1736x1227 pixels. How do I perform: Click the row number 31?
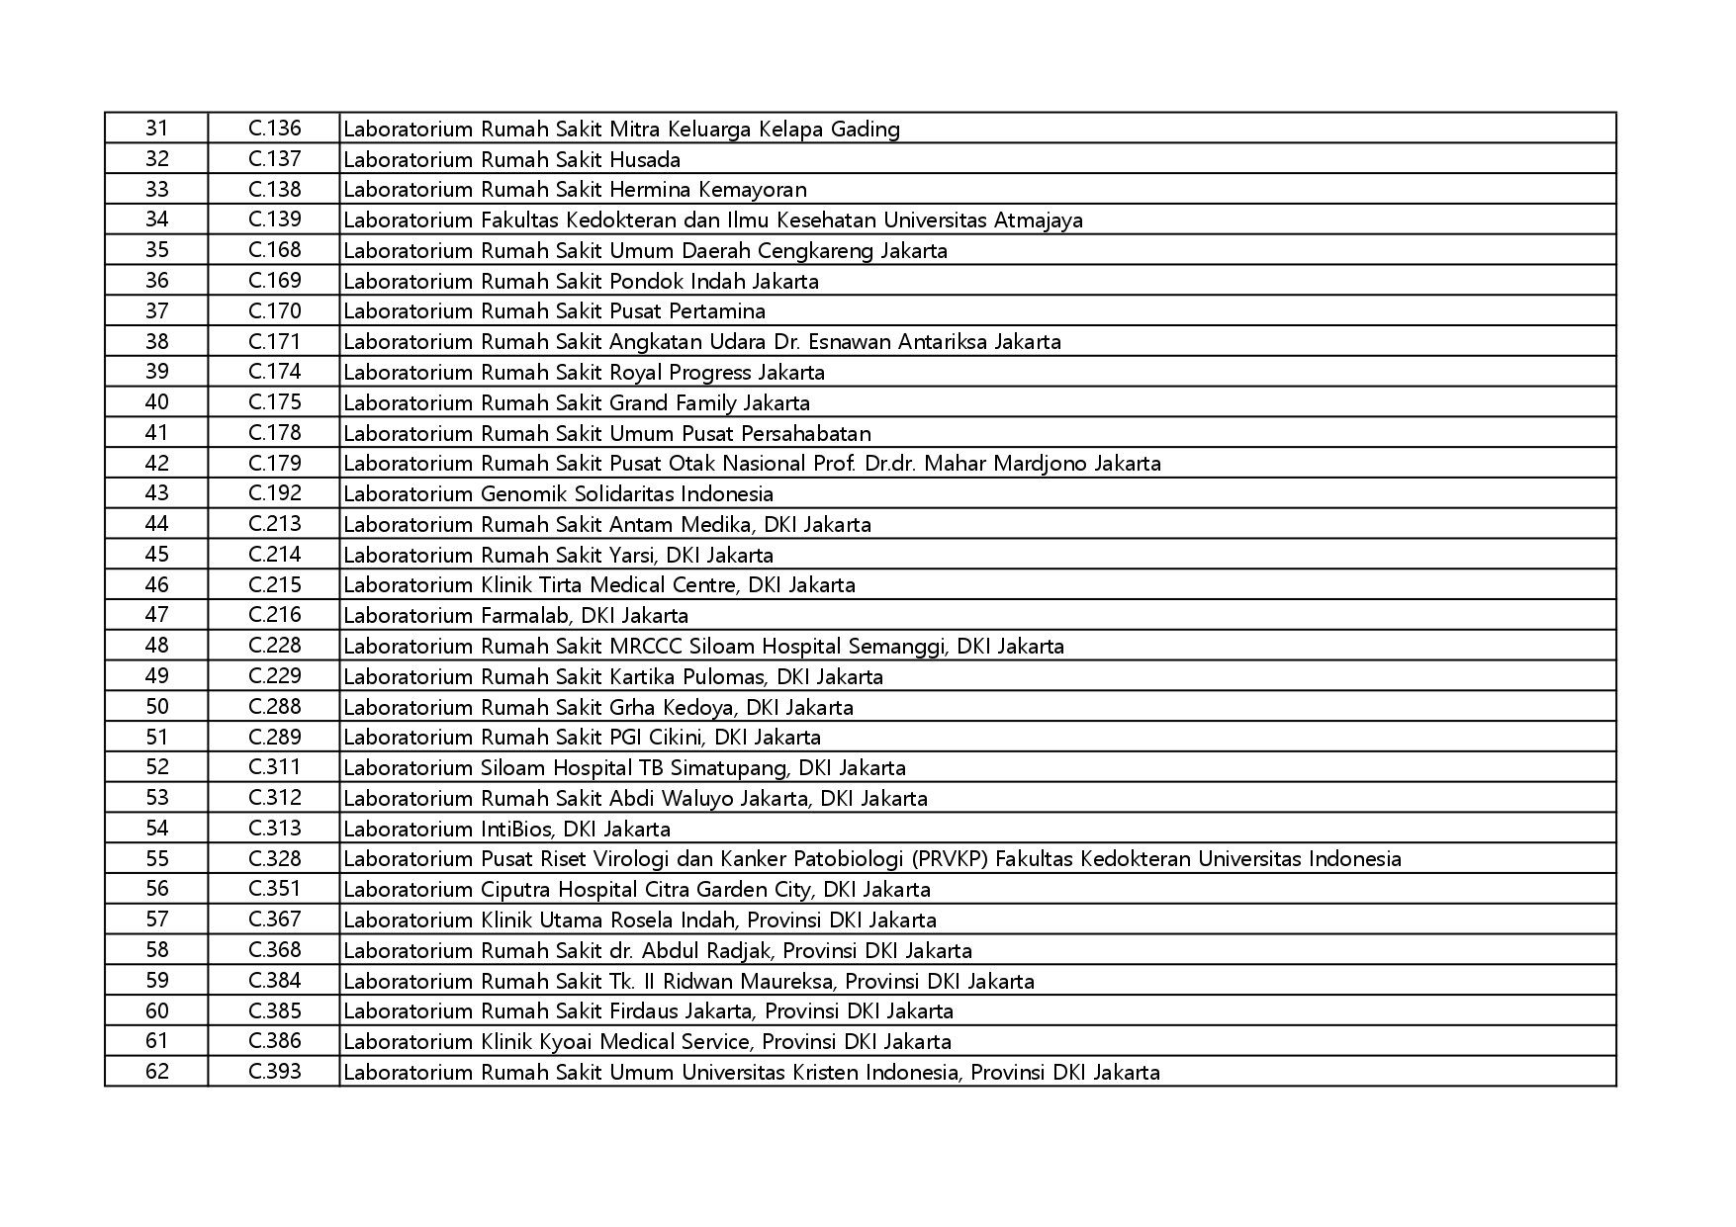coord(156,129)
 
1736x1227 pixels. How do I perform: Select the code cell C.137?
coord(274,159)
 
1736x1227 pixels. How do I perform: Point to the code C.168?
coord(274,250)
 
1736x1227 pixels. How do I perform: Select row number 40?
coord(156,402)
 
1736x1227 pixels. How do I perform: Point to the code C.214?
coord(274,555)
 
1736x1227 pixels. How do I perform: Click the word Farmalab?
coord(525,616)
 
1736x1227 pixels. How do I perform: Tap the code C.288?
coord(274,707)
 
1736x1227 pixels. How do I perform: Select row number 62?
coord(156,1072)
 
